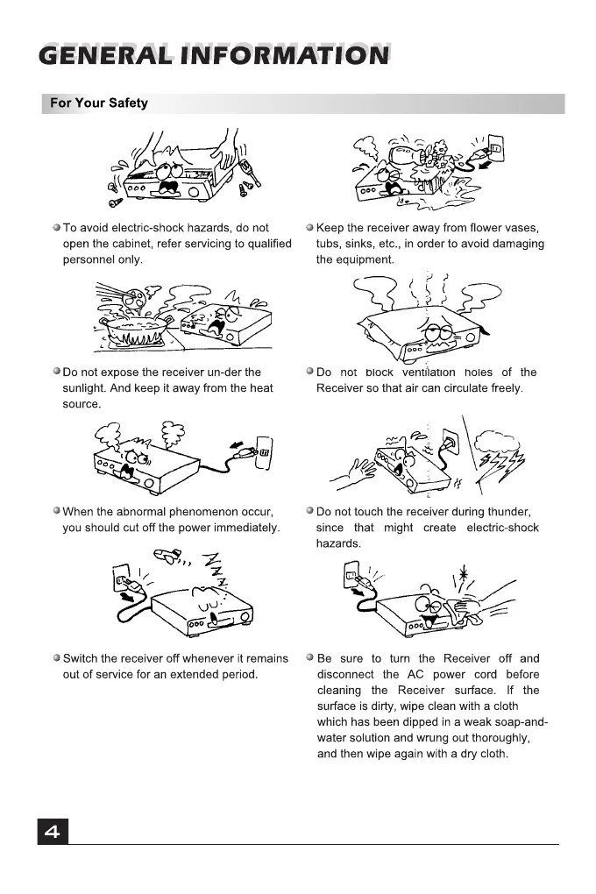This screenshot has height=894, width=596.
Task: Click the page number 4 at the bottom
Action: pyautogui.click(x=52, y=832)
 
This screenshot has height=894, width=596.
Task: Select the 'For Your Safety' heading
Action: pyautogui.click(x=99, y=103)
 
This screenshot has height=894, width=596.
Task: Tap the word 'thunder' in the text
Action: pyautogui.click(x=510, y=512)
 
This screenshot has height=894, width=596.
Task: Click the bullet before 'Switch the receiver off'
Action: pyautogui.click(x=56, y=658)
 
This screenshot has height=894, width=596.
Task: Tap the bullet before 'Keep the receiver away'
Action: pyautogui.click(x=309, y=228)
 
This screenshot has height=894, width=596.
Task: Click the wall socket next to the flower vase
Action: pyautogui.click(x=494, y=148)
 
